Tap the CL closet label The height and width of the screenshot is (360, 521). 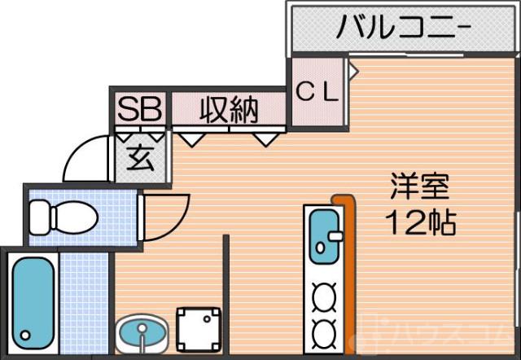[x=317, y=92]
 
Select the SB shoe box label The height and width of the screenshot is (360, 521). [x=140, y=109]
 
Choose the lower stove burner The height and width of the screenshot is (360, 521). [x=324, y=331]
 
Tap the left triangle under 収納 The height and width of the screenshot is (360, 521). [x=192, y=139]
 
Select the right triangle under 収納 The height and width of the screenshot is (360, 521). [x=265, y=139]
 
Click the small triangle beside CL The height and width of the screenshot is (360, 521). [x=353, y=71]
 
